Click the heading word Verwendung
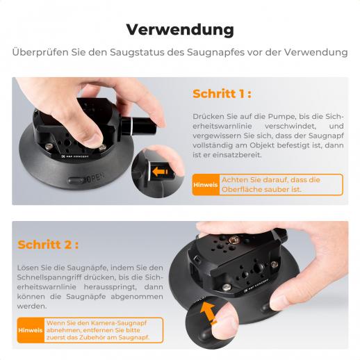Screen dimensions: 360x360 (180, 30)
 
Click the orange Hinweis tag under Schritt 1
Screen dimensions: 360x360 (206, 185)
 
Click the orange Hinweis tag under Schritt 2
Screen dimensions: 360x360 (31, 330)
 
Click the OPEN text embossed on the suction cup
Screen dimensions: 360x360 (95, 178)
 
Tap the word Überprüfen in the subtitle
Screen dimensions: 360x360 (40, 52)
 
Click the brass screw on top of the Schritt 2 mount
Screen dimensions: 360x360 (234, 239)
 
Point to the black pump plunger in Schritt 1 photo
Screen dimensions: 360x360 (138, 126)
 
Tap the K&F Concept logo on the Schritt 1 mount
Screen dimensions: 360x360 (75, 156)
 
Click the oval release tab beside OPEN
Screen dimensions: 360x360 (76, 181)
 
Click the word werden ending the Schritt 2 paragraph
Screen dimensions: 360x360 (32, 306)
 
